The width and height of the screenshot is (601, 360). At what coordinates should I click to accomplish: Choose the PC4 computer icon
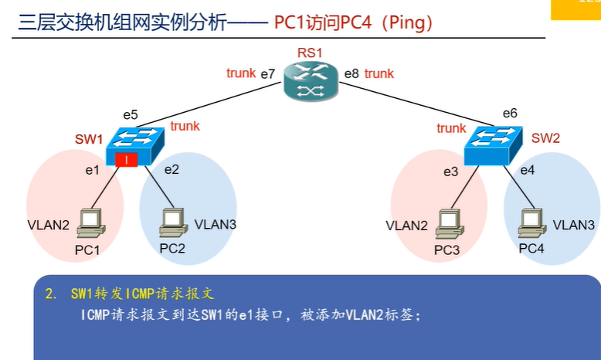pyautogui.click(x=530, y=225)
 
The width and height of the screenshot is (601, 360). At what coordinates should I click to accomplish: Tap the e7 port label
pyautogui.click(x=268, y=74)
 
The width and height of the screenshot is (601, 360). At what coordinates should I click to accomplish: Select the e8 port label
pyautogui.click(x=351, y=74)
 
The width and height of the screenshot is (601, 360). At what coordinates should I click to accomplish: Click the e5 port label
pyautogui.click(x=131, y=115)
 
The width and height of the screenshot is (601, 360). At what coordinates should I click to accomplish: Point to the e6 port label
pyautogui.click(x=510, y=114)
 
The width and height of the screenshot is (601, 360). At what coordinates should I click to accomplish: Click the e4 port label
pyautogui.click(x=528, y=170)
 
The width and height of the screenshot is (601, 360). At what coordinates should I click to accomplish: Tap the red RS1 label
pyautogui.click(x=310, y=53)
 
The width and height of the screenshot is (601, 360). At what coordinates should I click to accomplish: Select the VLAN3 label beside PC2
pyautogui.click(x=216, y=225)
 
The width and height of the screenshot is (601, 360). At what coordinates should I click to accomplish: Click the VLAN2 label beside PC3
pyautogui.click(x=406, y=226)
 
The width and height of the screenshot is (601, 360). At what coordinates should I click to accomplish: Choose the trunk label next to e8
pyautogui.click(x=379, y=73)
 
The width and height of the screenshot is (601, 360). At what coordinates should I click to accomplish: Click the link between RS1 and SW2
pyautogui.click(x=409, y=103)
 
